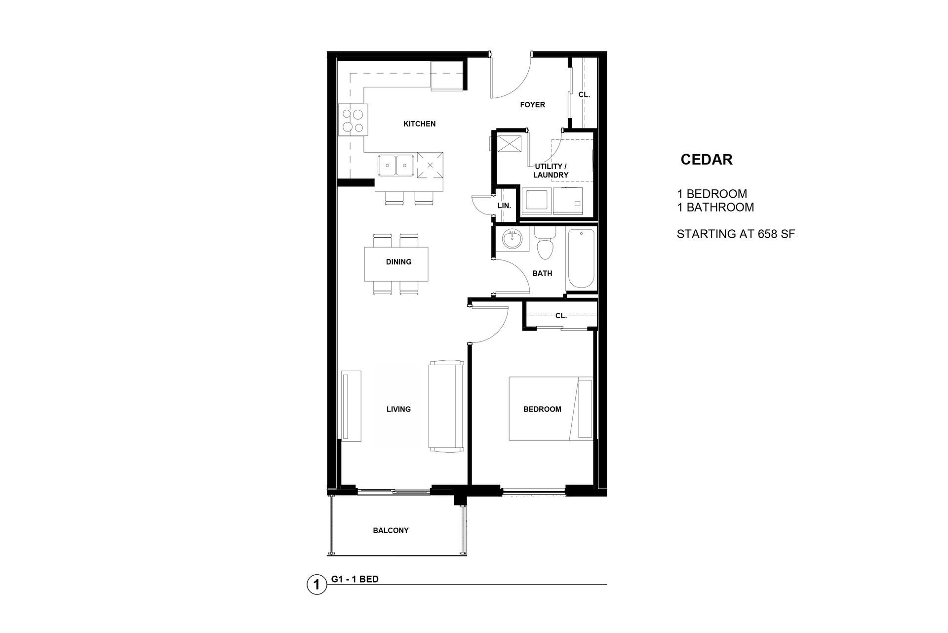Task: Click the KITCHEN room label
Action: [419, 124]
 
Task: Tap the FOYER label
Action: [532, 105]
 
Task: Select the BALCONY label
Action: [391, 530]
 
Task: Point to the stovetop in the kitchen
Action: [353, 120]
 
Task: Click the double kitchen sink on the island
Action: [396, 165]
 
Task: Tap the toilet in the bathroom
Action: [545, 244]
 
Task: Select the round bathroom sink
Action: [512, 240]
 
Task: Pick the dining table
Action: [396, 263]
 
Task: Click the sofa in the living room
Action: [446, 406]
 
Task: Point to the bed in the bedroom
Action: [551, 409]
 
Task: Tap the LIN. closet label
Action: [504, 205]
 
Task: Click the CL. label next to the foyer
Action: [584, 94]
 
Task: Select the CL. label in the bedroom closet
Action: [561, 316]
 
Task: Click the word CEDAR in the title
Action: [707, 160]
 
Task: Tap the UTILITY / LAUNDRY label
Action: [551, 170]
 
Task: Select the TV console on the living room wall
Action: [351, 406]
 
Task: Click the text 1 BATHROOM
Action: [715, 207]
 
